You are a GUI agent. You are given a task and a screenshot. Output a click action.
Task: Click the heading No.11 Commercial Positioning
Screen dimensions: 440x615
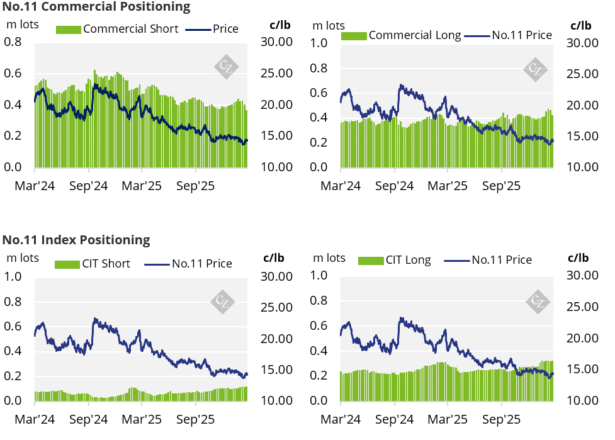click(96, 8)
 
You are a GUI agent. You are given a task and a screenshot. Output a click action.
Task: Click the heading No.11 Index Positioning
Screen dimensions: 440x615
click(76, 240)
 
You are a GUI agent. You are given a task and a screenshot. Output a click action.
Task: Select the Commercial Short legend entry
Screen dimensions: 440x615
click(118, 29)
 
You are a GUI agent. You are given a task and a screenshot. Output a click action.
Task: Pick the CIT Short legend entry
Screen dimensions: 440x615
click(93, 264)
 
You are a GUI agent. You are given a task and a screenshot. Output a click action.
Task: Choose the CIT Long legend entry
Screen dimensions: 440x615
click(395, 260)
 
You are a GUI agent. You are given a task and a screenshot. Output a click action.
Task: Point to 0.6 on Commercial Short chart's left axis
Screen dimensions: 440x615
click(14, 74)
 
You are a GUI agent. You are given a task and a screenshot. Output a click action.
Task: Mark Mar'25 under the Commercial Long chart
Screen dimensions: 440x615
click(448, 186)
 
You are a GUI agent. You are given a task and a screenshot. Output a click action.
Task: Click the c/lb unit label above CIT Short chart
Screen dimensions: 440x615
click(273, 258)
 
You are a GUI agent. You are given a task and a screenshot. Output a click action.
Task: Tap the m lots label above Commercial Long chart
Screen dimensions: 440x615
click(329, 26)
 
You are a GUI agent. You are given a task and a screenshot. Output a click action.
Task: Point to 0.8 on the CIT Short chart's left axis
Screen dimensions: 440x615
click(14, 302)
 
